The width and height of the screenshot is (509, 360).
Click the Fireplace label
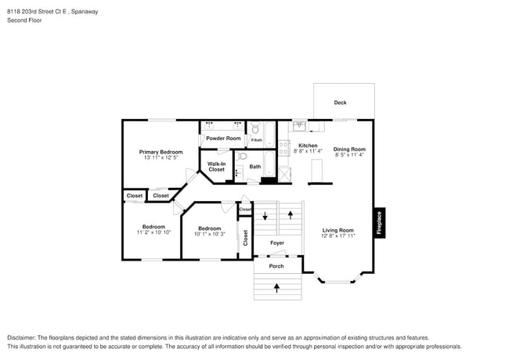tap(379, 223)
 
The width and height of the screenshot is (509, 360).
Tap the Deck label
tap(340, 103)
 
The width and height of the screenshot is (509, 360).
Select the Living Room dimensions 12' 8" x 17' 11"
tap(338, 236)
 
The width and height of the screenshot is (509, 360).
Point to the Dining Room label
tap(349, 149)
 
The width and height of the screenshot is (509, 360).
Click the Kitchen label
tap(308, 146)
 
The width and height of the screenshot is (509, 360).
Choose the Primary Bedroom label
tap(161, 152)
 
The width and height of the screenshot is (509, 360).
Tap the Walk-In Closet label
tap(216, 167)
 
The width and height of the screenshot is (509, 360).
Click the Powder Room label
tap(223, 139)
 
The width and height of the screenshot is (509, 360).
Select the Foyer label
tap(277, 243)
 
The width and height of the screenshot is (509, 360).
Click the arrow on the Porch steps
tap(276, 288)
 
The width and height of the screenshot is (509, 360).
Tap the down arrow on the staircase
tap(265, 216)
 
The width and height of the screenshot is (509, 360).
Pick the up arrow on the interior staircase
tap(291, 214)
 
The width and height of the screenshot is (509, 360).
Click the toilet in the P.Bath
tap(255, 128)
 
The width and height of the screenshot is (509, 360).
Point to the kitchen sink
tap(299, 126)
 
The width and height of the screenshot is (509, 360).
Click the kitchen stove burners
tap(283, 148)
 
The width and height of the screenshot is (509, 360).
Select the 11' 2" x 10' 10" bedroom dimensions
tap(153, 232)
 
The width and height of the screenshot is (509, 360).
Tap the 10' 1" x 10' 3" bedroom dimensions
tap(209, 234)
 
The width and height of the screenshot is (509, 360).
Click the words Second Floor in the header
tap(24, 20)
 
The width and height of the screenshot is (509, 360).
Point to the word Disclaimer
tap(21, 337)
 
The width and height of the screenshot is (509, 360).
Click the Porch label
tap(276, 266)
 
